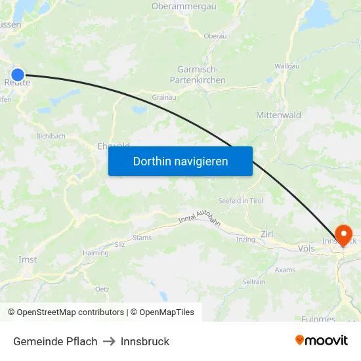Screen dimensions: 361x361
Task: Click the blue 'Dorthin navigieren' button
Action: point(180,161)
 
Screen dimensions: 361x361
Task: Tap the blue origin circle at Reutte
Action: point(18,75)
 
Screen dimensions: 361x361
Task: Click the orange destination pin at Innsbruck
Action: point(343,235)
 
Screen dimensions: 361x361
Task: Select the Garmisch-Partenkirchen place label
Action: point(202,74)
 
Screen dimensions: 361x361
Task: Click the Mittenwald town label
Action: point(278,115)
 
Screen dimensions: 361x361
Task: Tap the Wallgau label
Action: point(287,66)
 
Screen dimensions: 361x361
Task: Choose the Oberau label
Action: point(215,36)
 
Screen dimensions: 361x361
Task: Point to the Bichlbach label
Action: point(51,136)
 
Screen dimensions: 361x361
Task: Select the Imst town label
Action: point(28,259)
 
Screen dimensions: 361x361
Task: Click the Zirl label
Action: point(266,234)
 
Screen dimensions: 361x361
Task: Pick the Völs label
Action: point(306,249)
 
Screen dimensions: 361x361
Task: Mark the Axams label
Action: point(285,270)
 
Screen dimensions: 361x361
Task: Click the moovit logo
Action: point(321,340)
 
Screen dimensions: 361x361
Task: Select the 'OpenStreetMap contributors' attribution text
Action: point(70,312)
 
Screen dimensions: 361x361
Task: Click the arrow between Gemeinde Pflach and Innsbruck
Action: point(109,341)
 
